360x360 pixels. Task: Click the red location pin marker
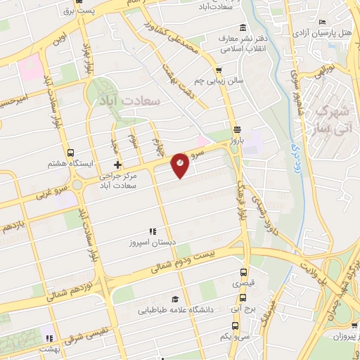click(x=181, y=164)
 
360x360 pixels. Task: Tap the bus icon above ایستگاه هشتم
click(x=69, y=152)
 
